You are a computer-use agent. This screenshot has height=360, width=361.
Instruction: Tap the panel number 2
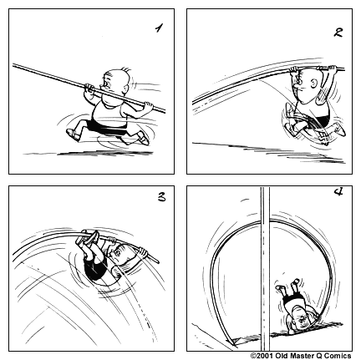[338, 33]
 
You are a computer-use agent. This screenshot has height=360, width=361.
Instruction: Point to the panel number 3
[160, 199]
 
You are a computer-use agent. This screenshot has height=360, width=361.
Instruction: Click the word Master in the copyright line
[296, 354]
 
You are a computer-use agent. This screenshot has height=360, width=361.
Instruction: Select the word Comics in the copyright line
[339, 354]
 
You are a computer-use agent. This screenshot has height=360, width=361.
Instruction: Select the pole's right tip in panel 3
[155, 260]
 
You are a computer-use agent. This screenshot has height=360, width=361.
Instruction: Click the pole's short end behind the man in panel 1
[148, 107]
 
